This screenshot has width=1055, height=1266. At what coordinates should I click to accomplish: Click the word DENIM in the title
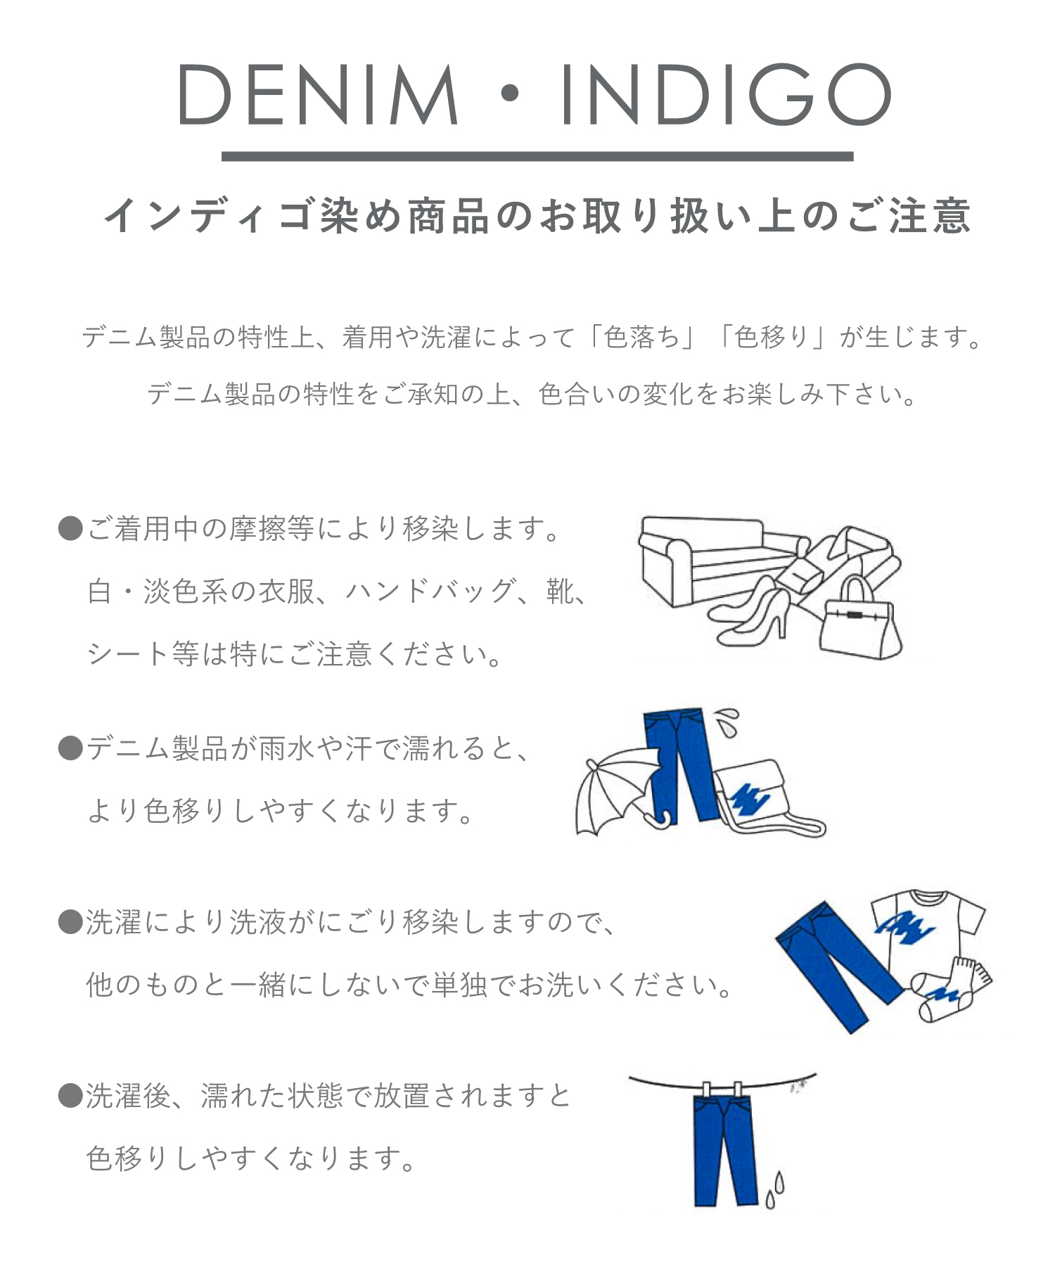click(x=318, y=95)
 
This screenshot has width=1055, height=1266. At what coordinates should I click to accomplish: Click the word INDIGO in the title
click(x=725, y=95)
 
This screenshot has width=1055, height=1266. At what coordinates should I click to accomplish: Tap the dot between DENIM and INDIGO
click(x=509, y=94)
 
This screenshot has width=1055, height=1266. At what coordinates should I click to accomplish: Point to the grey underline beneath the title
click(x=537, y=156)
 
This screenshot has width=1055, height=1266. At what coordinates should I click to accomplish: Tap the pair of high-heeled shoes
click(x=751, y=612)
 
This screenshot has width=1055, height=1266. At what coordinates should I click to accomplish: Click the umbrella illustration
click(x=619, y=791)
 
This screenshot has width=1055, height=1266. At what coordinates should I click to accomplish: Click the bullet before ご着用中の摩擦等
click(x=70, y=528)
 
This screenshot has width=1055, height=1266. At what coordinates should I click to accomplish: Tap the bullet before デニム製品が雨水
click(x=70, y=748)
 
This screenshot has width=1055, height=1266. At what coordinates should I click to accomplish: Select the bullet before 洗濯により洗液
click(x=70, y=922)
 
